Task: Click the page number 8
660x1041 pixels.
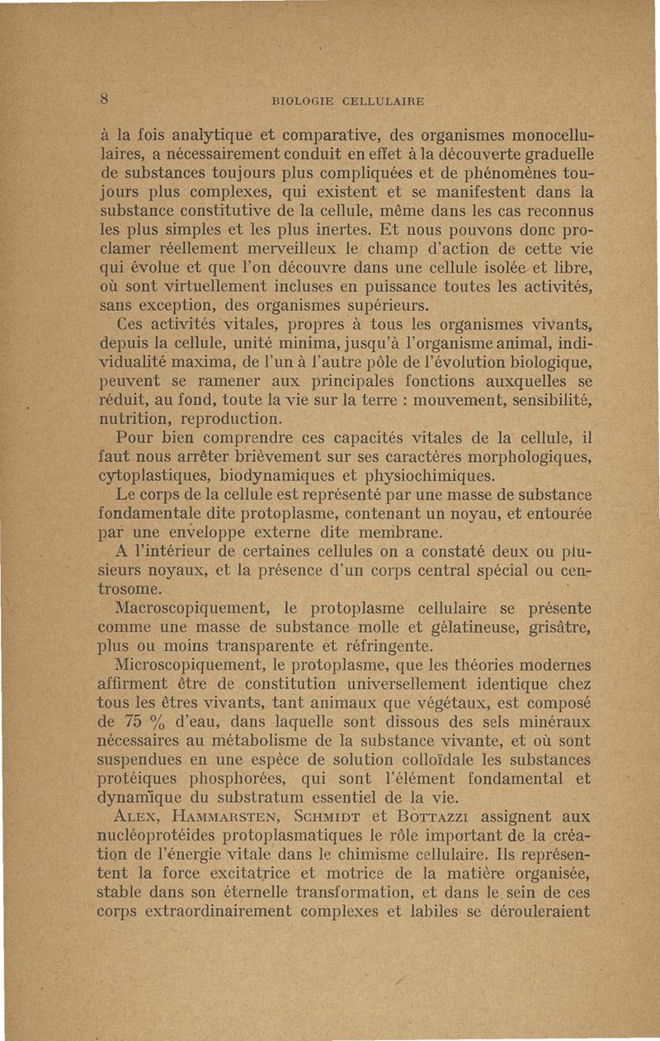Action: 106,98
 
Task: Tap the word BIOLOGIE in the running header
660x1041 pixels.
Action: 303,103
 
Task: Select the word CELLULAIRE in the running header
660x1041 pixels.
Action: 380,103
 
